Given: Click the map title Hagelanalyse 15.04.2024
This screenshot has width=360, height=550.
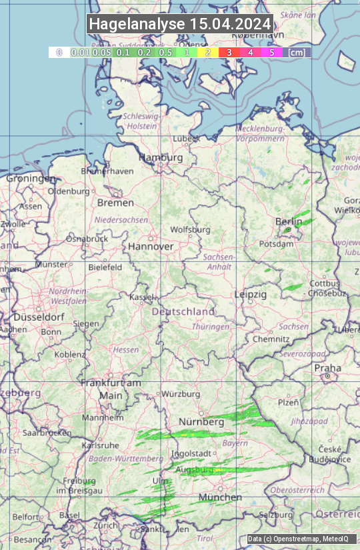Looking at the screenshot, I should click(x=180, y=24).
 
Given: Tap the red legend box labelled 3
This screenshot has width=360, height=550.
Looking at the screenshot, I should click(x=229, y=52).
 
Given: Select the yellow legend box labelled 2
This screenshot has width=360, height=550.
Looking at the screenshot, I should click(x=208, y=52).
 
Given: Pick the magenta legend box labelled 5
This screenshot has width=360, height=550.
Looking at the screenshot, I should click(x=271, y=52).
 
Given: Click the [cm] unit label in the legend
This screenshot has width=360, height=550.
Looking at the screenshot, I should click(x=297, y=52).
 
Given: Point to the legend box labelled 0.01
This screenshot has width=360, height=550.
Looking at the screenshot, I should click(x=80, y=52).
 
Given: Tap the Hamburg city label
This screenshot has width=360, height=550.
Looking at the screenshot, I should click(x=160, y=157).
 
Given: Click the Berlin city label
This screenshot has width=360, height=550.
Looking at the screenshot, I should click(x=289, y=221).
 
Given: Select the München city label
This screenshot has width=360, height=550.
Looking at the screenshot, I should click(x=220, y=497).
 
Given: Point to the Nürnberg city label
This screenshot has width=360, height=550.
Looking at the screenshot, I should click(x=201, y=422).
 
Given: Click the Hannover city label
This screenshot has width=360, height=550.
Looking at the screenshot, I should click(x=151, y=246).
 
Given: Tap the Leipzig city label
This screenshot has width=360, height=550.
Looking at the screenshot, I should click(x=251, y=294).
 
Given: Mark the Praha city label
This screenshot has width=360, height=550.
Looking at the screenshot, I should click(x=327, y=368).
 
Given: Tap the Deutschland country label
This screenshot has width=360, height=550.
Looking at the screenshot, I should click(x=183, y=311).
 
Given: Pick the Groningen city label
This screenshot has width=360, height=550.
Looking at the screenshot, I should click(x=31, y=179).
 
